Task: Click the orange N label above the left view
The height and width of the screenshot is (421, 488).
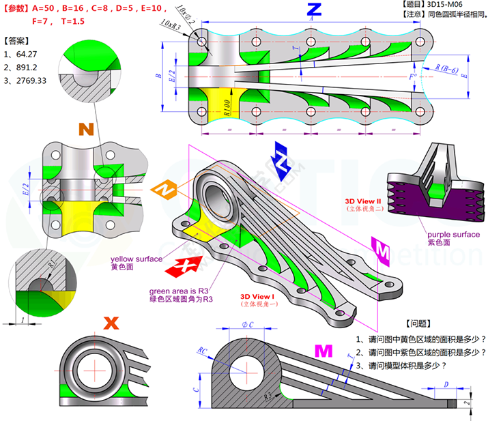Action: [x=86, y=129]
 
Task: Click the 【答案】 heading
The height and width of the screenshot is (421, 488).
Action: [x=16, y=41]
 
